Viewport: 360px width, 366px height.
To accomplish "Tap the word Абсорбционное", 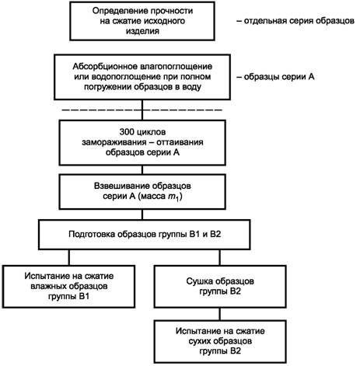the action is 105,67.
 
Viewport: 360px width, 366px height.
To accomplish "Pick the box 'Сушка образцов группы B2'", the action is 220,287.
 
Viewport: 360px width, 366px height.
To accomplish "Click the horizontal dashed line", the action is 142,110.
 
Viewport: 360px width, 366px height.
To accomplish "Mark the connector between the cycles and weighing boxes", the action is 142,169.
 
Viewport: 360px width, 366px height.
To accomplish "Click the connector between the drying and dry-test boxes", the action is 220,314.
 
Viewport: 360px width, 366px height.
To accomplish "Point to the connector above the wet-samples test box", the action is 69,257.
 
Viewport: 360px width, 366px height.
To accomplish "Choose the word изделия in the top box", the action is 142,31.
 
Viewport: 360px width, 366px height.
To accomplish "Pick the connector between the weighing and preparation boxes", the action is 142,214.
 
